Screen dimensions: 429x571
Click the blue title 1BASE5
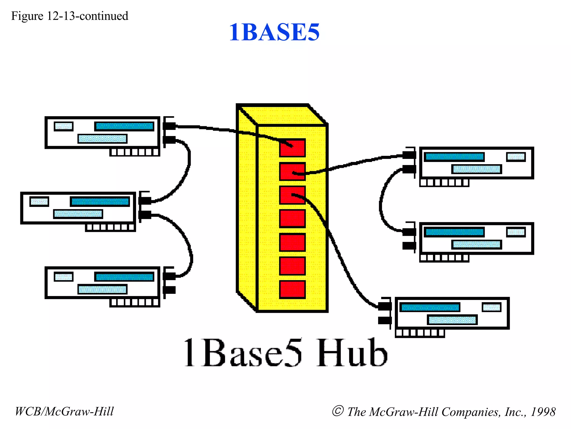coord(274,32)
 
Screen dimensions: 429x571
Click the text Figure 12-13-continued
coord(69,16)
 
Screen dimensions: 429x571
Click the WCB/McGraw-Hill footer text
coord(64,411)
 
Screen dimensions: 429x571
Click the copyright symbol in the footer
coord(338,411)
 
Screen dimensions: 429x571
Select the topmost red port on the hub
coord(292,148)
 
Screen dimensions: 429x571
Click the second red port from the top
coord(292,171)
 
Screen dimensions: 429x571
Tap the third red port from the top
coord(292,195)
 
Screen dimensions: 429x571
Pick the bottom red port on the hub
coord(292,289)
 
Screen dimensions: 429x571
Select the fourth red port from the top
coord(292,218)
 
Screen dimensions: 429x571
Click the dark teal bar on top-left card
coord(124,126)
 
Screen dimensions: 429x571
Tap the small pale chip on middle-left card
coord(39,201)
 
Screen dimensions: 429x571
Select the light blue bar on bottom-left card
coord(102,289)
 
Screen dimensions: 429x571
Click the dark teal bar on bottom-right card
coord(430,308)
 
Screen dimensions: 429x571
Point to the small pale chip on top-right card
coord(516,157)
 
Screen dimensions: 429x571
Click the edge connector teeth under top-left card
coord(134,152)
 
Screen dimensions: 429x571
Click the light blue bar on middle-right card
coord(476,245)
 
